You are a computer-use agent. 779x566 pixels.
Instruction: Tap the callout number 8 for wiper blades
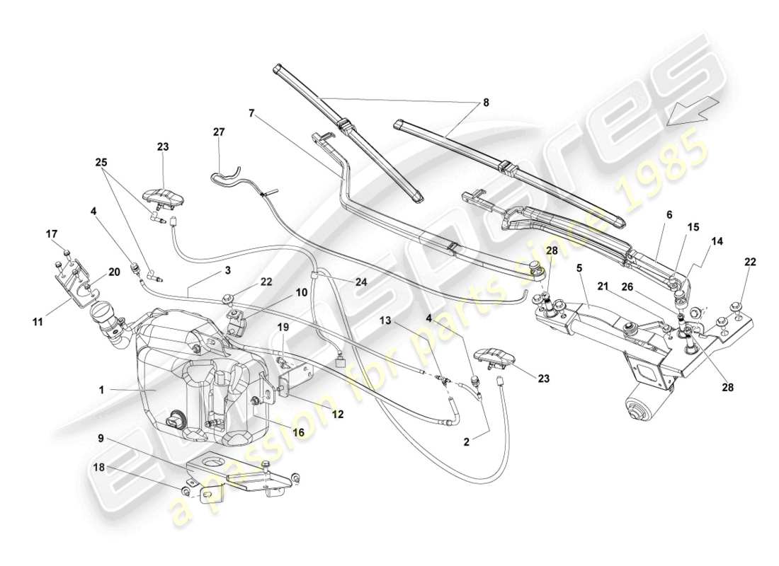486,103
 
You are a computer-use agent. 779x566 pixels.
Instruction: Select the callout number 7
251,112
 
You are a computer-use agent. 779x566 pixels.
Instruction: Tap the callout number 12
338,414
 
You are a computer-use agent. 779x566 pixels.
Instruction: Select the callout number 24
363,281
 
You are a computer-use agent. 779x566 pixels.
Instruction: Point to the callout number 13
385,320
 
